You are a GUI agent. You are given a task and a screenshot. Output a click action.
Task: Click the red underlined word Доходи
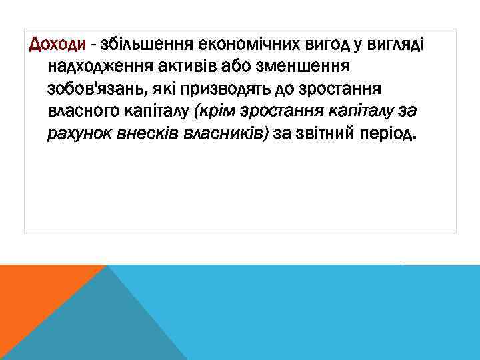coord(57,45)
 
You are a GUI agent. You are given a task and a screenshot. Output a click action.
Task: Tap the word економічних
coord(243,45)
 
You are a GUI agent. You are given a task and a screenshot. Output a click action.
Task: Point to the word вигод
coord(315,45)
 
